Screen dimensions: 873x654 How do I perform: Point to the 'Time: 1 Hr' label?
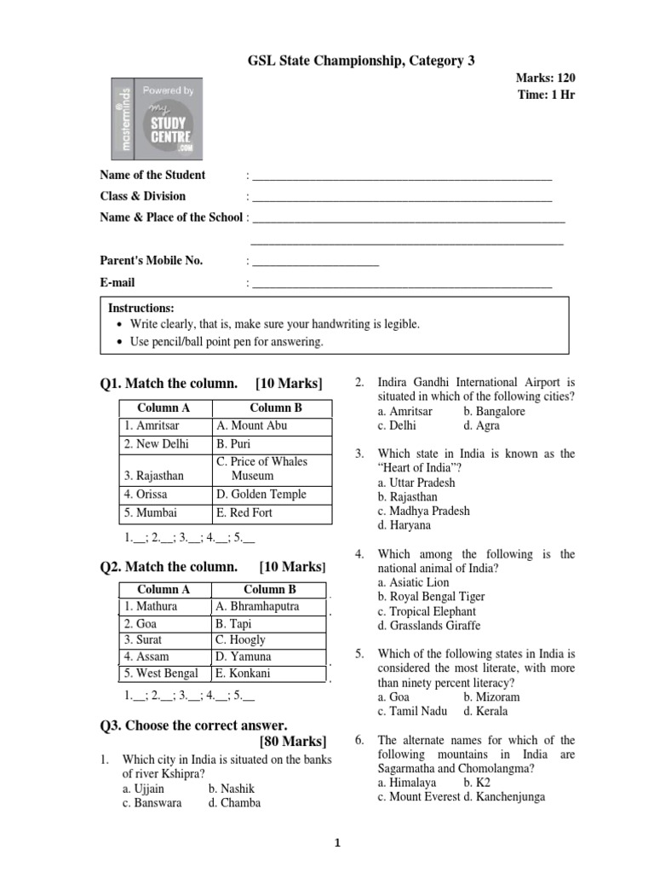tap(546, 95)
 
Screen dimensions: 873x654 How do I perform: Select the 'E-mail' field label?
tap(118, 282)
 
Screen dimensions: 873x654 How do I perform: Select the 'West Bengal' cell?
tap(161, 674)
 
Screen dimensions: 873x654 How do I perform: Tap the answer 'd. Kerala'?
tap(485, 711)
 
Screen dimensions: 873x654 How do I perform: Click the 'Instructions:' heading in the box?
tap(141, 308)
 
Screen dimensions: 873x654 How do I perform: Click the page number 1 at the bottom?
tap(336, 844)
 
